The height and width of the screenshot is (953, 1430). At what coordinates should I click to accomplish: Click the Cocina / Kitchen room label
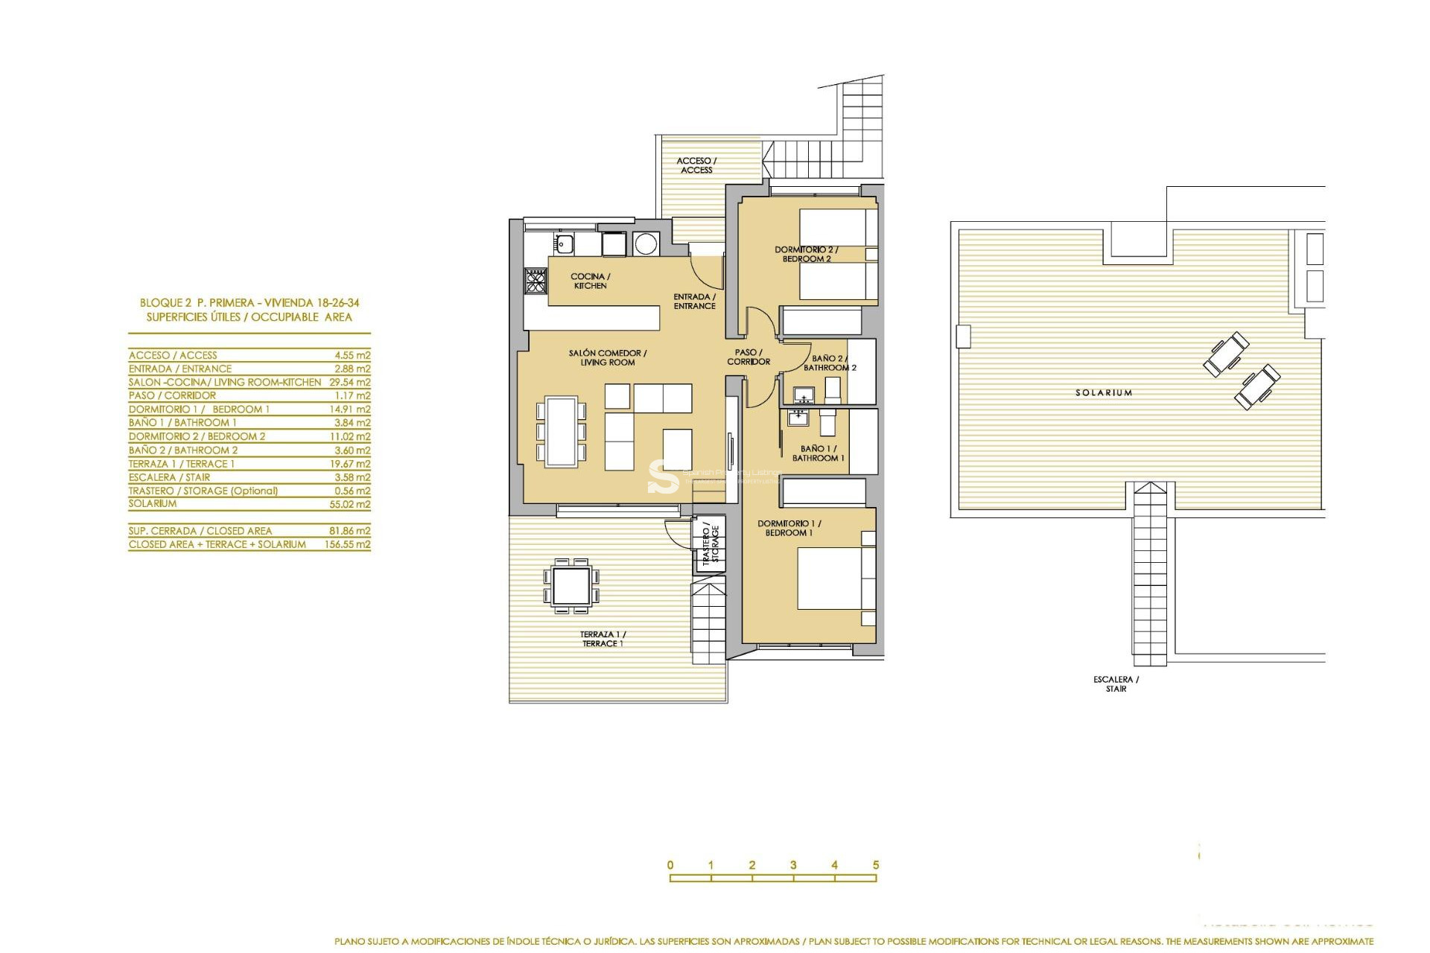(590, 281)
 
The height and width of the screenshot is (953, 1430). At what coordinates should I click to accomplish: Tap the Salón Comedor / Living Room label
(607, 357)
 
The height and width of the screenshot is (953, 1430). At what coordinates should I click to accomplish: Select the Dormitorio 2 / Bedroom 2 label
(806, 254)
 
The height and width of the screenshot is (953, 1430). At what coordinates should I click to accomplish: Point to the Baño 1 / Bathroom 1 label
(818, 453)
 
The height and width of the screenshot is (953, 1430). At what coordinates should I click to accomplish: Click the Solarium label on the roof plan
(1103, 392)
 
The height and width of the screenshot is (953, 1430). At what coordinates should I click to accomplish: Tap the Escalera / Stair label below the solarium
(1116, 683)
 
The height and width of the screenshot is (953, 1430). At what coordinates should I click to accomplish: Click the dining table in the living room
(561, 431)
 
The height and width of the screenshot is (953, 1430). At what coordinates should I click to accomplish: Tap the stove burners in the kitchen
(536, 281)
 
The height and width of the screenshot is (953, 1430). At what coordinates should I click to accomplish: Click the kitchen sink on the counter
(564, 243)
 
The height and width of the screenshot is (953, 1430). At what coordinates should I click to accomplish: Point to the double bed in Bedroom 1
(830, 578)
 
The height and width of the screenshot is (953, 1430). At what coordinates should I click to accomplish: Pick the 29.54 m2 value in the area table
(349, 382)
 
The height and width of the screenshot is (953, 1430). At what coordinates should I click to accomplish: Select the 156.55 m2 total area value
(347, 544)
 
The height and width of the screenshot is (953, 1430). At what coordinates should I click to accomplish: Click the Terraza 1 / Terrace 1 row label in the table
(181, 463)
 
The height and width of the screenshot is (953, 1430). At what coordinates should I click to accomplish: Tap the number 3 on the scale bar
(793, 865)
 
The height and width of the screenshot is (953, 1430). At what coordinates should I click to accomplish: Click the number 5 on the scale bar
(876, 865)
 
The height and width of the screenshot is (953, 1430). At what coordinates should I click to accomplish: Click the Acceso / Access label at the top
(696, 165)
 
